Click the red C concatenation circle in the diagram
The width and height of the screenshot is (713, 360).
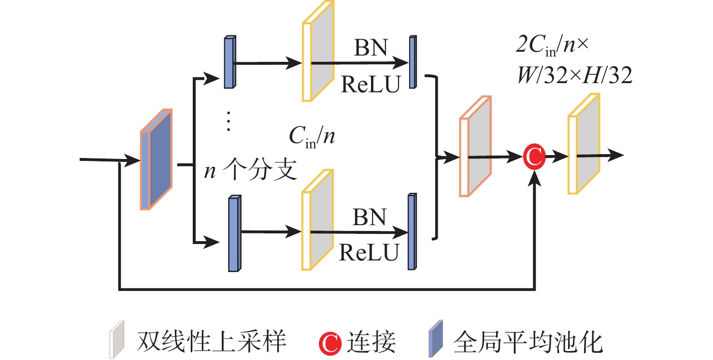tap(534, 157)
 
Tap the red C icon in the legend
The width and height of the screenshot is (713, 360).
tap(331, 342)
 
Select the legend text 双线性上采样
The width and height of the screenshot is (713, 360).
tap(212, 342)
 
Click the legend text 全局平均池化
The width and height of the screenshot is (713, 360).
tap(528, 342)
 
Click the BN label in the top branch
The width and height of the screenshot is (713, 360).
tap(371, 48)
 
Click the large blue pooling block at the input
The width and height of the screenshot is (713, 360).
tap(156, 160)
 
